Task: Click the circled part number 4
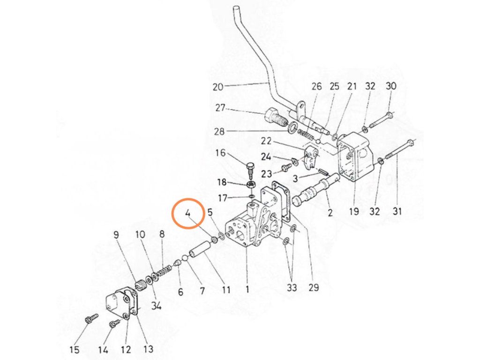pos(188,213)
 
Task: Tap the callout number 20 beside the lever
pos(217,87)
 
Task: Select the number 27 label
pos(220,108)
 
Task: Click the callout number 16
pos(220,152)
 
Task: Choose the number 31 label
pos(397,210)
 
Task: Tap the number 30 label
pos(391,86)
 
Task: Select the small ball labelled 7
pos(185,259)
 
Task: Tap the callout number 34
pos(156,305)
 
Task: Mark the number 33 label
pos(292,287)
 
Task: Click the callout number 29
pos(314,287)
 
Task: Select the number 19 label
pos(354,211)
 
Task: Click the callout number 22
pos(266,141)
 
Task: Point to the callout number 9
pos(116,235)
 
